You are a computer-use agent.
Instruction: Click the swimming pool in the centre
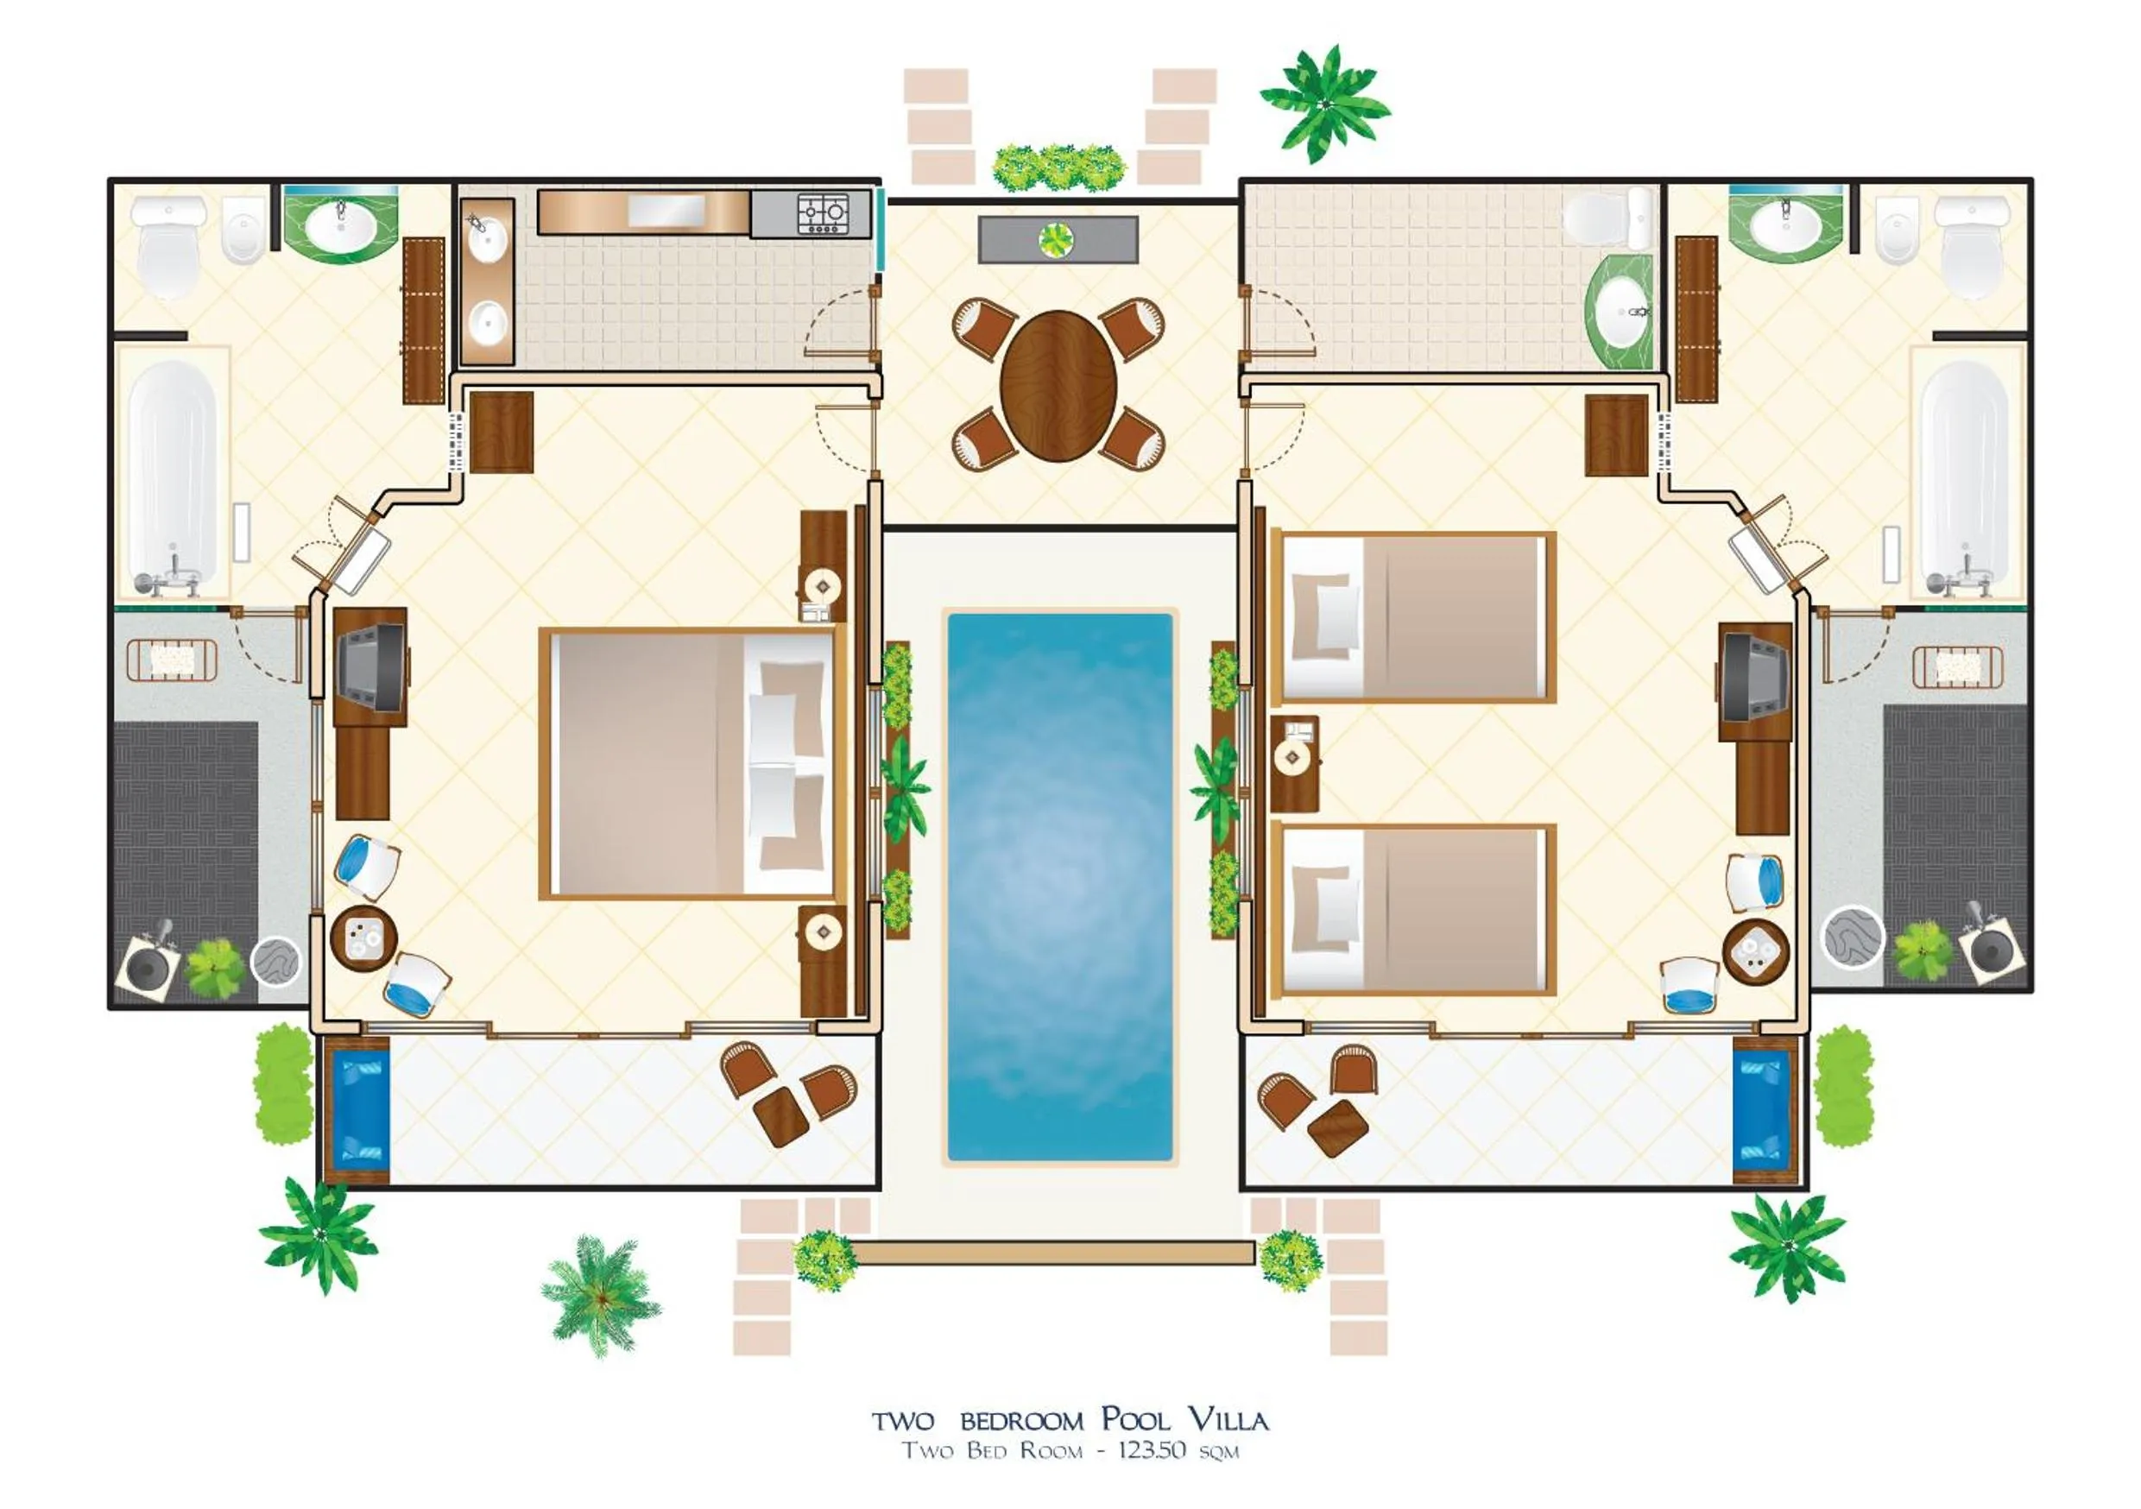point(1059,886)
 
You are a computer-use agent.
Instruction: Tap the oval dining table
point(1058,385)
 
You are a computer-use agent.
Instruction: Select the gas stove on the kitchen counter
point(824,213)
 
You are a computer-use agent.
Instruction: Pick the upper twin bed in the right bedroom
point(1413,617)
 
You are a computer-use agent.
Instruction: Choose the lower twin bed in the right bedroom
point(1413,910)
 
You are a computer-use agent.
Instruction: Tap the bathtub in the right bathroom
point(1964,476)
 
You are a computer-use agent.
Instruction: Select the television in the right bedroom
point(1753,677)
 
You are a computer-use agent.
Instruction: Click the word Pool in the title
point(1135,1420)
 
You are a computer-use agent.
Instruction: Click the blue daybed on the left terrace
point(357,1109)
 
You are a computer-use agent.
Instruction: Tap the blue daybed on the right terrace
point(1761,1109)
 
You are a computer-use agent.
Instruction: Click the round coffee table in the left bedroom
point(363,939)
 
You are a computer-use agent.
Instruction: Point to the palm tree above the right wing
point(1323,103)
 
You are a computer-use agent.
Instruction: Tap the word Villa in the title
point(1228,1420)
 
